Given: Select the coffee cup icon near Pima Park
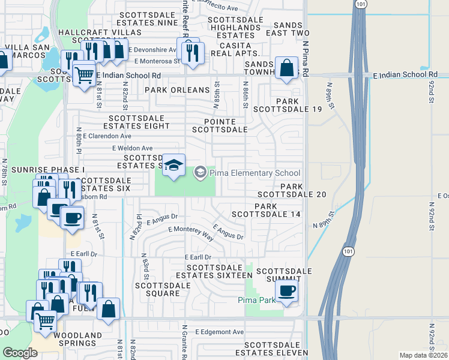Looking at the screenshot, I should [286, 291].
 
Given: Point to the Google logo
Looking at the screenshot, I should [20, 353].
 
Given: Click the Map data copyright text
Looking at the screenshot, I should [424, 355].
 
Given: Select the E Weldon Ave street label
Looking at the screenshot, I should [132, 148].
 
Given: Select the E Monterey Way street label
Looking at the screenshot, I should [191, 230].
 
